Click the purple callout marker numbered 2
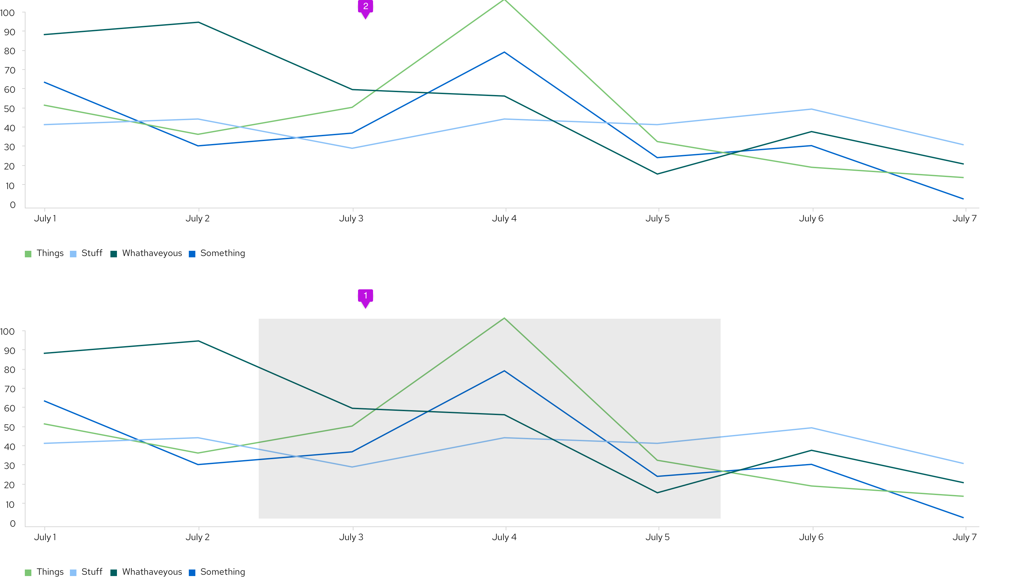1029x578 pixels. [x=365, y=7]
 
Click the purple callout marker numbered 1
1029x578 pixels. [x=365, y=296]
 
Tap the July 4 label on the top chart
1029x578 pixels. [x=504, y=218]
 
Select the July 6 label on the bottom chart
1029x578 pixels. [x=811, y=537]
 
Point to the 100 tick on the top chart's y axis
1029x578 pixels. [x=8, y=13]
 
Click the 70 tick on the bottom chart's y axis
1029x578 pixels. [x=9, y=389]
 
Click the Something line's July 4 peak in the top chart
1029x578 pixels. [x=504, y=52]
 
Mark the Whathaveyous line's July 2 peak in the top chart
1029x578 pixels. [x=199, y=23]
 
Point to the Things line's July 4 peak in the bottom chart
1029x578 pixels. [x=504, y=318]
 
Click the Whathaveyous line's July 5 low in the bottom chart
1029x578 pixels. [x=658, y=493]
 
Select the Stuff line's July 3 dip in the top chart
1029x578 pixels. [x=352, y=149]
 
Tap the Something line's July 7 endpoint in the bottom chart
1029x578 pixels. [x=963, y=518]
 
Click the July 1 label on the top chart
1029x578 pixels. [x=45, y=218]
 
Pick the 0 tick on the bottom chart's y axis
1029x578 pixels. [x=13, y=524]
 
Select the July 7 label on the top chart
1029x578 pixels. [x=964, y=218]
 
